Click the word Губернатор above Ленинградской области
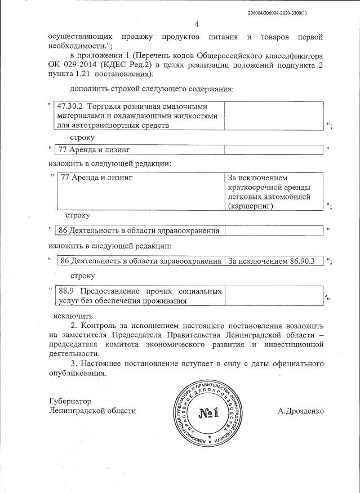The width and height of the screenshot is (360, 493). [69, 401]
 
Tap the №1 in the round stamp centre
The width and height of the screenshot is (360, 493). [208, 416]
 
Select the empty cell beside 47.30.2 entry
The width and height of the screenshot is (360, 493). [274, 116]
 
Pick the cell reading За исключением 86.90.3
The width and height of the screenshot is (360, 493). [274, 261]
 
